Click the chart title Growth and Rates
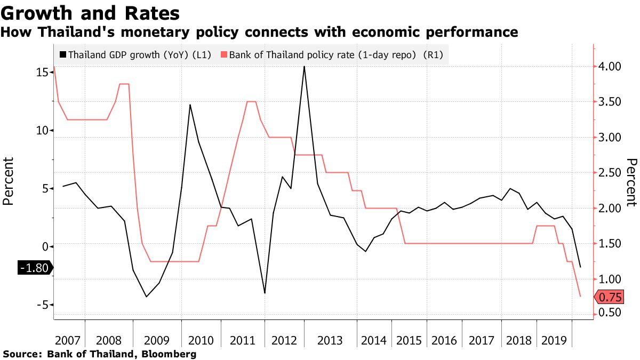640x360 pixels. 90,12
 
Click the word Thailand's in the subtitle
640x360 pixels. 73,33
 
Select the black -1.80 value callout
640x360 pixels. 34,268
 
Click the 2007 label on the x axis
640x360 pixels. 68,340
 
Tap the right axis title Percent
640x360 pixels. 631,181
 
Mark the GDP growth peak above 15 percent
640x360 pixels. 304,67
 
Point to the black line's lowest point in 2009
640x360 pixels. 146,297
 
